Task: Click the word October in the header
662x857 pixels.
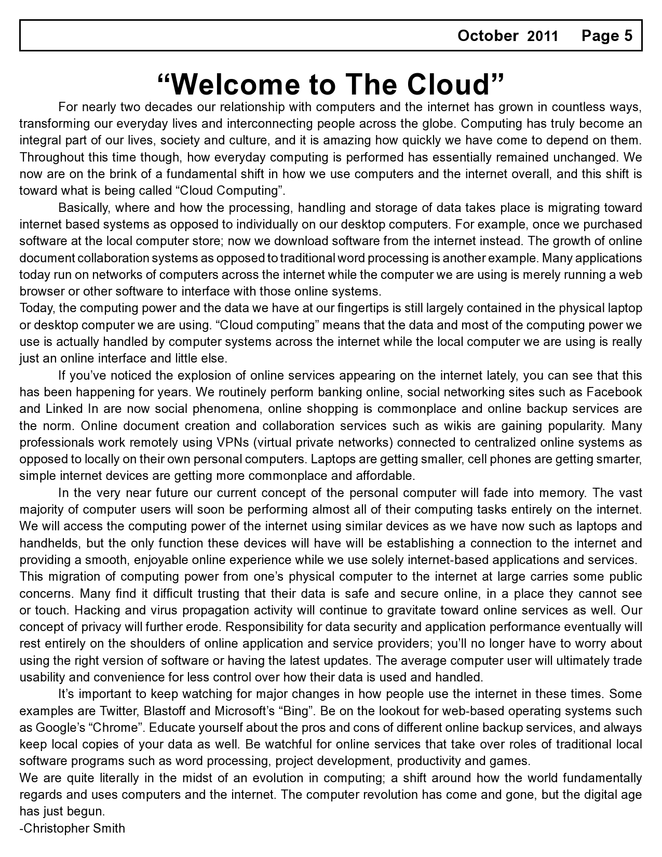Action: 488,36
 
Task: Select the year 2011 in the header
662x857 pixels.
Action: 543,36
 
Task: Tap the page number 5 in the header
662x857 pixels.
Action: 628,36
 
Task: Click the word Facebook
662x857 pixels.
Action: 614,392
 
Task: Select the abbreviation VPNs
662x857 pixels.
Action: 228,443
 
